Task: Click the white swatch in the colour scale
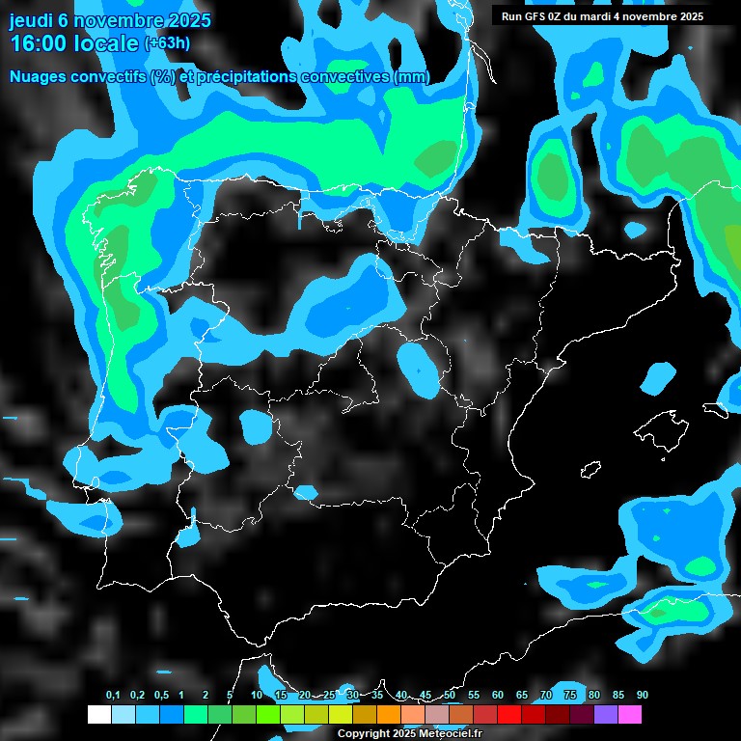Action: [x=98, y=715]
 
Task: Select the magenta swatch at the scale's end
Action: [x=630, y=715]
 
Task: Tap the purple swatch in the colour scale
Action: [x=606, y=715]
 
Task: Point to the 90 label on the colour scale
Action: [x=643, y=696]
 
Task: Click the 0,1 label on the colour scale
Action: [x=113, y=696]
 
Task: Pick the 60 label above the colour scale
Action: [x=498, y=696]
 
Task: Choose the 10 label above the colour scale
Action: [x=257, y=696]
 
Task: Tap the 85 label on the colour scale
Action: [x=618, y=696]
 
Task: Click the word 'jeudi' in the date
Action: [x=32, y=20]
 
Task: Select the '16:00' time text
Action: [x=37, y=43]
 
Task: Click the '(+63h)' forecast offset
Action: [x=167, y=43]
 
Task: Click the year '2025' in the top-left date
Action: [x=189, y=20]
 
